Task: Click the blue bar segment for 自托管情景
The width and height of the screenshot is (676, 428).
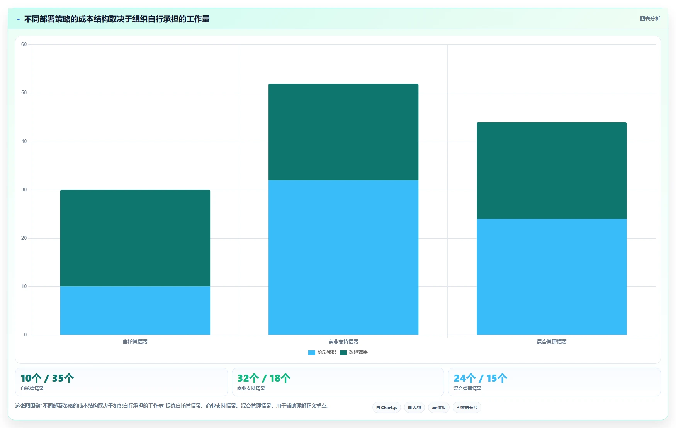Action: (135, 310)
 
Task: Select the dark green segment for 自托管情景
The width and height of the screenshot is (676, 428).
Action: (135, 238)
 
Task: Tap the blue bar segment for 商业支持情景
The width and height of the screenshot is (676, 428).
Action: (343, 257)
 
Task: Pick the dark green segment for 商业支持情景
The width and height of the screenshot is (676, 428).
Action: (343, 132)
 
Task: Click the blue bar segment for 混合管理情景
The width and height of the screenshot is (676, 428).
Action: (552, 277)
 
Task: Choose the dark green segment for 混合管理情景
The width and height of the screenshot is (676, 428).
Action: (552, 171)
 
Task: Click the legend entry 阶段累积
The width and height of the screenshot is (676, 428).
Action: (322, 352)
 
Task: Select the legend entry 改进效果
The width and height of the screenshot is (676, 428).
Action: (354, 352)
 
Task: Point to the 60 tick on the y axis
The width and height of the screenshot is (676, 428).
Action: (24, 44)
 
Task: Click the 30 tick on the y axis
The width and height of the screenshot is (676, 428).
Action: (24, 190)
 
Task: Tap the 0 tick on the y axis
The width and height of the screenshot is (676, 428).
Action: (25, 335)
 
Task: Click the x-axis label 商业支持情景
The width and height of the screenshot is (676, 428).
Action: (343, 342)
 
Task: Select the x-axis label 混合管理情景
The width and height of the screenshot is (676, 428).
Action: (552, 342)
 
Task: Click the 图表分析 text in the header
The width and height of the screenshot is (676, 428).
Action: (650, 19)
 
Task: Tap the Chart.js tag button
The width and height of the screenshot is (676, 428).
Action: (387, 408)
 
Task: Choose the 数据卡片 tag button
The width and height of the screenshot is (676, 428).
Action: (467, 408)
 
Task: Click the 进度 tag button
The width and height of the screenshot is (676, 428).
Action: (439, 408)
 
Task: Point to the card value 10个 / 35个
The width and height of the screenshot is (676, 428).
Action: (47, 378)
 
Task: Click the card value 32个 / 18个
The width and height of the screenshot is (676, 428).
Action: (264, 378)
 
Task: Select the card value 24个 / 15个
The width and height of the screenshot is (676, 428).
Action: (481, 378)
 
